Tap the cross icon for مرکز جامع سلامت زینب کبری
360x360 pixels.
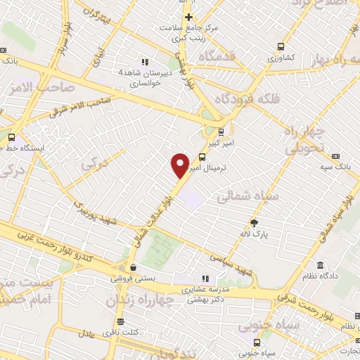pyautogui.click(x=188, y=17)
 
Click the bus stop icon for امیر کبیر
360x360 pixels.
pyautogui.click(x=221, y=131)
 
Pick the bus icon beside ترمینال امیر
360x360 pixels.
pyautogui.click(x=202, y=157)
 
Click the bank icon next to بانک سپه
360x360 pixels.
pyautogui.click(x=335, y=156)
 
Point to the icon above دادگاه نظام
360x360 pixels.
pyautogui.click(x=321, y=266)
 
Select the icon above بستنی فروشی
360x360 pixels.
pyautogui.click(x=132, y=267)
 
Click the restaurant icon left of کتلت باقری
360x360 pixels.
pyautogui.click(x=121, y=322)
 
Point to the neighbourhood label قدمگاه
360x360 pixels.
pyautogui.click(x=216, y=56)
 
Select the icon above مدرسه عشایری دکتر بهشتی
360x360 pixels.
pyautogui.click(x=205, y=277)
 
